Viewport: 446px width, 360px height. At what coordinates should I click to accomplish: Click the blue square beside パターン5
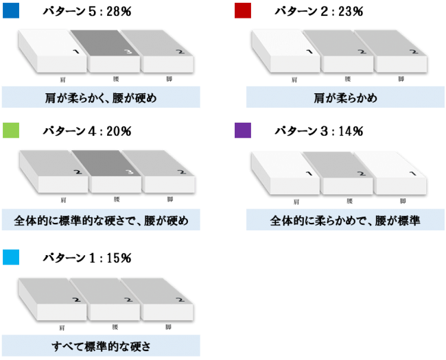(10, 10)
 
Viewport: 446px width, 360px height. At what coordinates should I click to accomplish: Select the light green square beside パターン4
(10, 130)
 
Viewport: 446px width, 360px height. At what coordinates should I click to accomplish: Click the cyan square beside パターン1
(10, 257)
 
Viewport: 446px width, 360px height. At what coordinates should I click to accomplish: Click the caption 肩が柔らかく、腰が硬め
(101, 97)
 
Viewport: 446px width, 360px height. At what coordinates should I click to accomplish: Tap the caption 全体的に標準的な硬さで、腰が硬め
(101, 221)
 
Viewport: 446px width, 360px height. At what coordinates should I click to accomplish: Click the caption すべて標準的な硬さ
(101, 345)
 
